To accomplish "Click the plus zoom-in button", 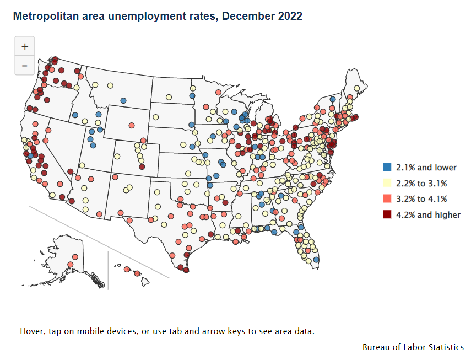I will [x=24, y=47].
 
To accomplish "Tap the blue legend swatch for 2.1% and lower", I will [x=387, y=167].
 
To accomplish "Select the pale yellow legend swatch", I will [x=387, y=183].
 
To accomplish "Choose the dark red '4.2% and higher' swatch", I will [x=387, y=215].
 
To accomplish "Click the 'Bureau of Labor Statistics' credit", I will [x=413, y=347].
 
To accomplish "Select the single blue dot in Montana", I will [x=123, y=100].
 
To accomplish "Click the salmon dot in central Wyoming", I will [x=132, y=125].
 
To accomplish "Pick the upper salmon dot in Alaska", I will [x=74, y=257].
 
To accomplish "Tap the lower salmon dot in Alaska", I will [x=70, y=265].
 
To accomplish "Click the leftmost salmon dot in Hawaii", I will [x=127, y=270].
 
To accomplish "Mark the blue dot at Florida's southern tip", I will [x=316, y=260].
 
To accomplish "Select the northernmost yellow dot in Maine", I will [x=356, y=88].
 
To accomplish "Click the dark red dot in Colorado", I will [x=142, y=166].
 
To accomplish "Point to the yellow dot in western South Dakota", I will [x=156, y=117].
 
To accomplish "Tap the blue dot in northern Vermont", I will [x=333, y=99].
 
